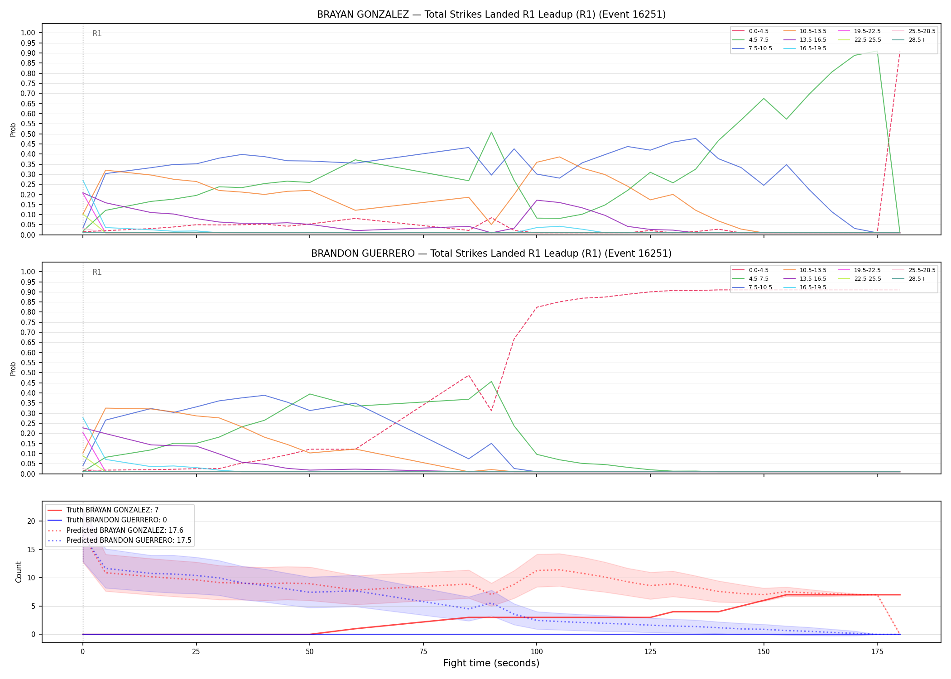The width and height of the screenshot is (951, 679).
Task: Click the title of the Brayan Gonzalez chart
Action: [491, 14]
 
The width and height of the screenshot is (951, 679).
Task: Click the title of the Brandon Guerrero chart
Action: [491, 253]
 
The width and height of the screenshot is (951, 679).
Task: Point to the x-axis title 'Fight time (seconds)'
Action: [491, 663]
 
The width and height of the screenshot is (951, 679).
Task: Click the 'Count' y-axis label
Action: [19, 572]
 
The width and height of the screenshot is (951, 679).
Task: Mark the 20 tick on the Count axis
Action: [31, 521]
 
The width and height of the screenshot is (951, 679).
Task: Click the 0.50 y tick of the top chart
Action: [28, 134]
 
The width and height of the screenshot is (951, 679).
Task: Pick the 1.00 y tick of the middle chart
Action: [28, 272]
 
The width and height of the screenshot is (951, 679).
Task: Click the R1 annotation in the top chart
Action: [97, 33]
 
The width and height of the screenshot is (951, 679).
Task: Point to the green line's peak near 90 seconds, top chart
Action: [491, 132]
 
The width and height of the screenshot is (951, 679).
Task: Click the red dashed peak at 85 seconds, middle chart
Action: [469, 375]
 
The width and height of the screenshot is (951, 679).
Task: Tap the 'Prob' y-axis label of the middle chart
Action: [13, 368]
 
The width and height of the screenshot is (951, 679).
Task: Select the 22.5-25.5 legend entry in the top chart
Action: [868, 40]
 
